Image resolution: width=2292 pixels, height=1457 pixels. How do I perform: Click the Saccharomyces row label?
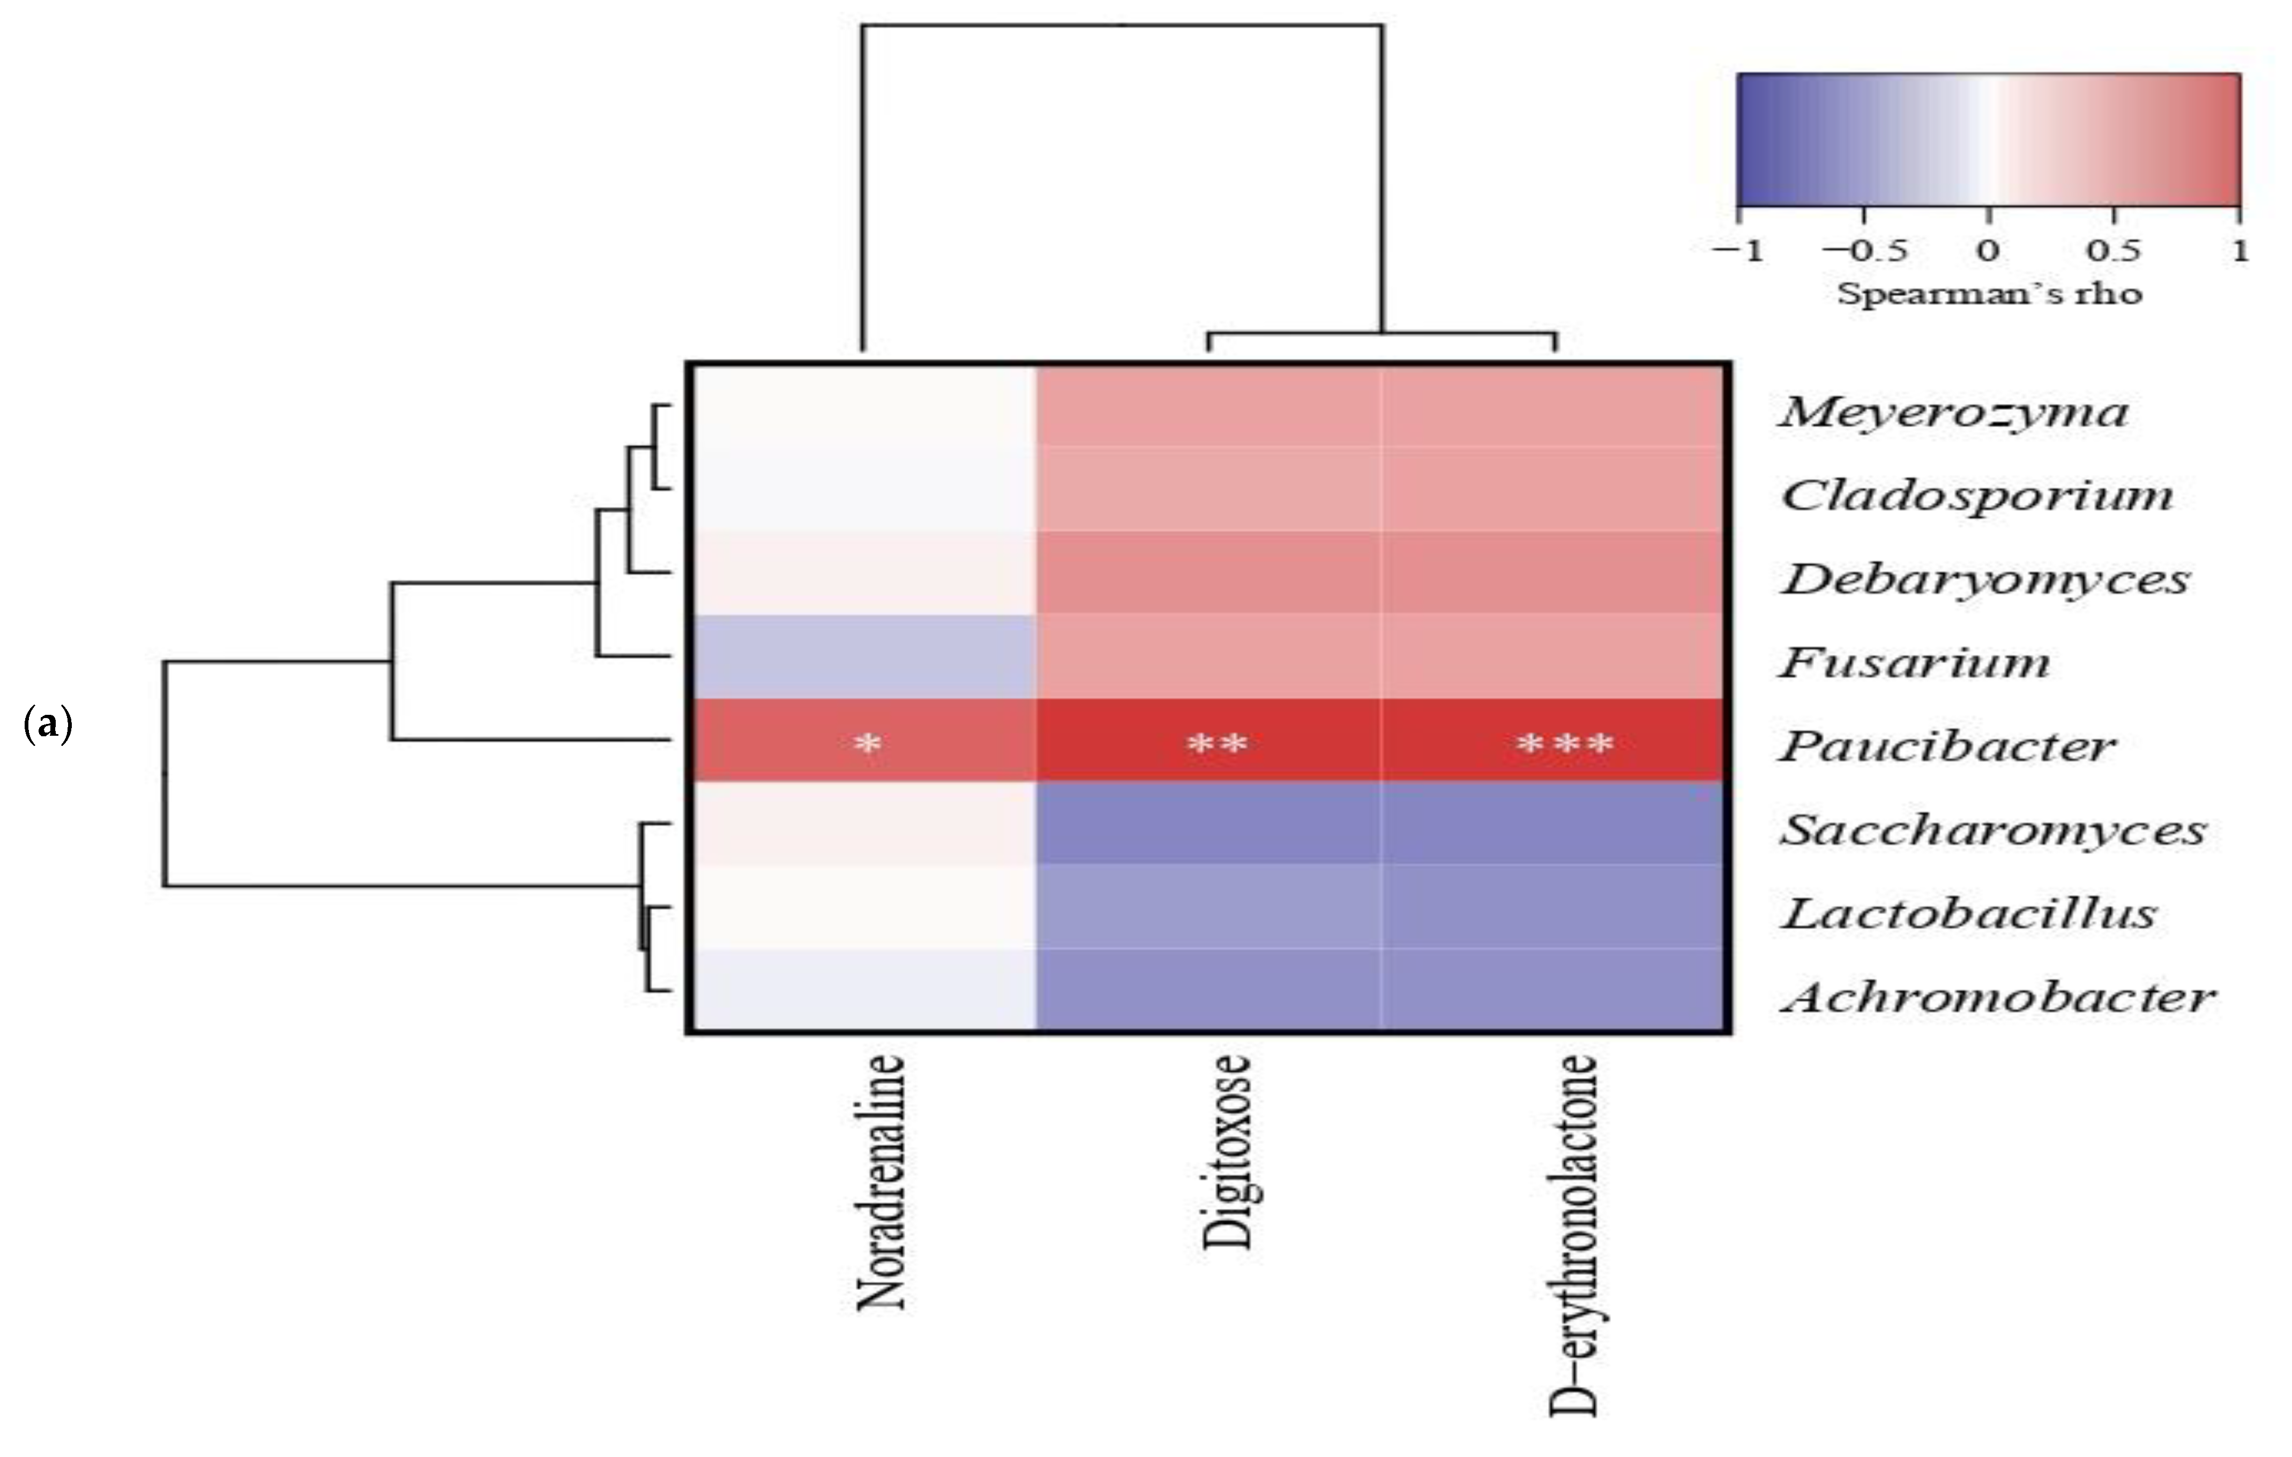[1993, 831]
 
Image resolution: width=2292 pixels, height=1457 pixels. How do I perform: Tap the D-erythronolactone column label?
[1572, 1235]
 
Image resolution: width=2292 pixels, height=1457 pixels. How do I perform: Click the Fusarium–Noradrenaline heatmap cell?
[862, 656]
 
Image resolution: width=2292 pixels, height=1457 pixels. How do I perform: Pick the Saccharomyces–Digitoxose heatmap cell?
[1209, 823]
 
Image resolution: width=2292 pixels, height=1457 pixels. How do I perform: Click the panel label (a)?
[48, 725]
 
